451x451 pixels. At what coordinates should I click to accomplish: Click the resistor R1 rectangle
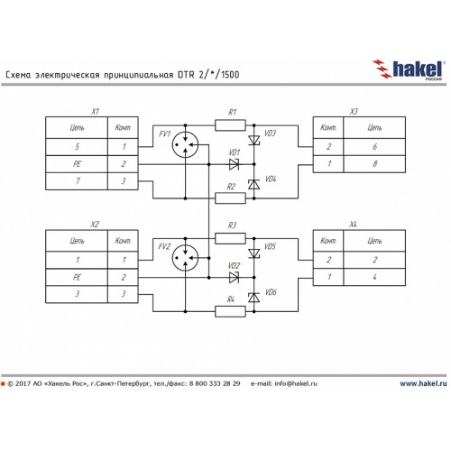pos(230,125)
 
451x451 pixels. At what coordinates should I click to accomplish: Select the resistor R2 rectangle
pos(230,198)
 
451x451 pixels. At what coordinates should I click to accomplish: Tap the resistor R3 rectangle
pos(230,238)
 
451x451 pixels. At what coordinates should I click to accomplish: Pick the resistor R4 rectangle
pos(230,311)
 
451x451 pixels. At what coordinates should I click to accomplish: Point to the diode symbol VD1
pos(234,164)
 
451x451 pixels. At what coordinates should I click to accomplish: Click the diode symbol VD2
pos(234,278)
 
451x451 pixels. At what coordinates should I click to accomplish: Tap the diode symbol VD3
pos(254,140)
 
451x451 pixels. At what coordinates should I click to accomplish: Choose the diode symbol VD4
pos(254,184)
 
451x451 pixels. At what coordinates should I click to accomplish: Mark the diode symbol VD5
pos(254,253)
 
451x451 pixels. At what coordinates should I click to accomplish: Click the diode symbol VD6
pos(254,298)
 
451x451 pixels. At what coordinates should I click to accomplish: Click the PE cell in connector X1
pos(77,164)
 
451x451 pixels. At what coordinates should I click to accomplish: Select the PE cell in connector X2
pos(77,277)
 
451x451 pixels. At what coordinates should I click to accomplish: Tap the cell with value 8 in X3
pos(374,164)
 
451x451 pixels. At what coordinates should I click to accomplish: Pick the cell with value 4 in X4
pos(374,277)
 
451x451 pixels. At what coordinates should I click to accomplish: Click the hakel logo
pos(409,69)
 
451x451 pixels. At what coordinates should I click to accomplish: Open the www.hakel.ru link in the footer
pos(423,383)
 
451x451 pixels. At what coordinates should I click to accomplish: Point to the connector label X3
pos(354,112)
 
